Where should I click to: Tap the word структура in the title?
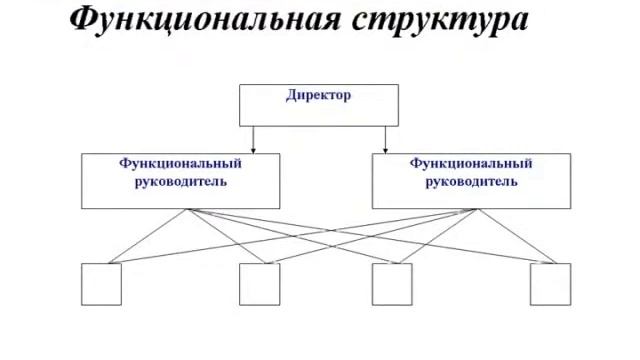[438, 20]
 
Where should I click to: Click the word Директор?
[319, 96]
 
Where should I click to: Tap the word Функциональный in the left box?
[180, 163]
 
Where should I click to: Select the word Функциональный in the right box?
[471, 163]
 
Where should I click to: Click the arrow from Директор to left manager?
[253, 139]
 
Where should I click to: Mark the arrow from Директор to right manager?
[387, 139]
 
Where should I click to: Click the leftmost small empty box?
[101, 284]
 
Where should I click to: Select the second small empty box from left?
[260, 284]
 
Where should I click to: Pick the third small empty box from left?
[392, 284]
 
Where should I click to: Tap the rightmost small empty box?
[551, 284]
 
